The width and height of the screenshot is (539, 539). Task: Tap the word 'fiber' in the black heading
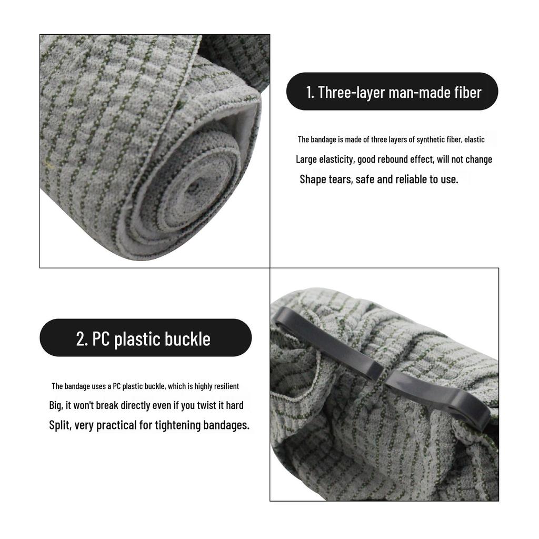tap(467, 93)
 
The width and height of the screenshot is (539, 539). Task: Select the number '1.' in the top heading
tap(311, 93)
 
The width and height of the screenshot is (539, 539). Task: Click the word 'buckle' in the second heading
tap(187, 338)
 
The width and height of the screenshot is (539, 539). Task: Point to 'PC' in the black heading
tap(102, 338)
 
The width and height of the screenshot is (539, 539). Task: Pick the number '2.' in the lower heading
tap(82, 338)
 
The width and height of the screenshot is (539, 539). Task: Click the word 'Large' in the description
tap(306, 159)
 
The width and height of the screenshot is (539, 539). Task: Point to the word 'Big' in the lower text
tap(55, 405)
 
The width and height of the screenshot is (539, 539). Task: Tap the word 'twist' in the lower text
tap(197, 405)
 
